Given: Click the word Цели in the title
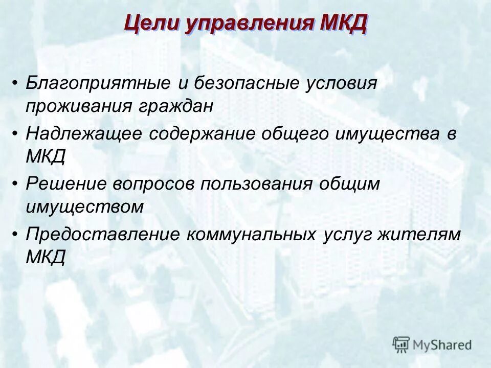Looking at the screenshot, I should point(150,24).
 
